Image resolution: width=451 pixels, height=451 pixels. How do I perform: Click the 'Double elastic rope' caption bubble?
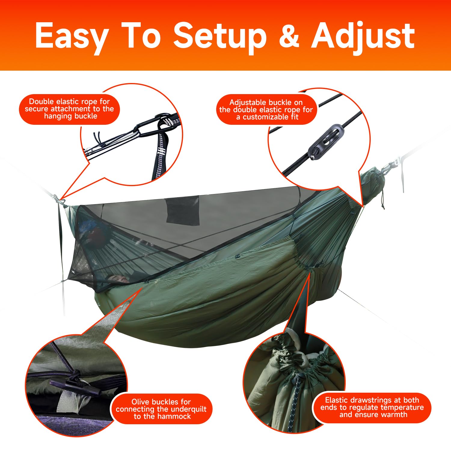click(69, 109)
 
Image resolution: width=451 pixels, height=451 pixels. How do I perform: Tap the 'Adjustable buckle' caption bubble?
click(266, 109)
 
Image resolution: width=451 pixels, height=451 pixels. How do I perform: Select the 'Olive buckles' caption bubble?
click(161, 409)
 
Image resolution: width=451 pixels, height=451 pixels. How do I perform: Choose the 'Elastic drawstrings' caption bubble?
click(372, 407)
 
